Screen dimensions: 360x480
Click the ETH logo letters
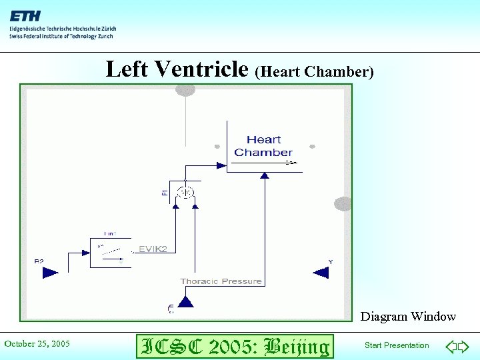pyautogui.click(x=25, y=15)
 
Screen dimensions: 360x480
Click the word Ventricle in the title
pyautogui.click(x=201, y=68)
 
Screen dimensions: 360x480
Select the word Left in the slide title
pyautogui.click(x=128, y=68)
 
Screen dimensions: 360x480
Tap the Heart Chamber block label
pyautogui.click(x=263, y=146)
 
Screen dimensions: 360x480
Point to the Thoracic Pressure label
pyautogui.click(x=221, y=281)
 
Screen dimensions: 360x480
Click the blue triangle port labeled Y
pyautogui.click(x=321, y=271)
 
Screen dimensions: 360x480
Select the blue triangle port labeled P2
pyautogui.click(x=50, y=271)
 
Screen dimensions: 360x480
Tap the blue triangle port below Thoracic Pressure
pyautogui.click(x=185, y=302)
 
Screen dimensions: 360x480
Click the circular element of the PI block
pyautogui.click(x=186, y=193)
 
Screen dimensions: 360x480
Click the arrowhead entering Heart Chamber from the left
pyautogui.click(x=222, y=165)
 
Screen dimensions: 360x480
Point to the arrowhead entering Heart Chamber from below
pyautogui.click(x=265, y=175)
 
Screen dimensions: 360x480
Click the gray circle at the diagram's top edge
pyautogui.click(x=185, y=89)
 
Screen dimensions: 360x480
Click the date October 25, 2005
pyautogui.click(x=37, y=344)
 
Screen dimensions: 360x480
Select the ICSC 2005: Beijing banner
pyautogui.click(x=233, y=346)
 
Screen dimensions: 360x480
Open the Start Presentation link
pyautogui.click(x=397, y=345)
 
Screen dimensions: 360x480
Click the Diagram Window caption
pyautogui.click(x=408, y=317)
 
